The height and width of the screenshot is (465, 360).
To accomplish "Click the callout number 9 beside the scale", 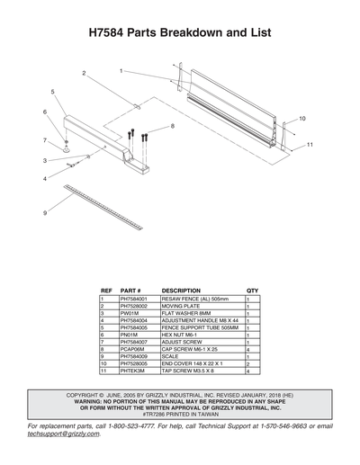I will click(44, 213).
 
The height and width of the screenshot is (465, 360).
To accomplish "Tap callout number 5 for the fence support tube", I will click(53, 92).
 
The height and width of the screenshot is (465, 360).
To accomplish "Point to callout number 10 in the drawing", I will click(302, 119).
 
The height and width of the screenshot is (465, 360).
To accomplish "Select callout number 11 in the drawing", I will click(309, 145).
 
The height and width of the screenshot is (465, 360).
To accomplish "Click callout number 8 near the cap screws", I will click(172, 127).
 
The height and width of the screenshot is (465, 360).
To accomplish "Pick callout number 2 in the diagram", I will click(84, 72).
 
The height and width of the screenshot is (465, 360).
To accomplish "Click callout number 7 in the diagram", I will click(44, 140).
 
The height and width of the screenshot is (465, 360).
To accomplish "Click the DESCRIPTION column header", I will click(181, 291).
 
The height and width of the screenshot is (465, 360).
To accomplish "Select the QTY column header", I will click(252, 291).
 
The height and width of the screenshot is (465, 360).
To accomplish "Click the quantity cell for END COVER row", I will click(248, 363).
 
